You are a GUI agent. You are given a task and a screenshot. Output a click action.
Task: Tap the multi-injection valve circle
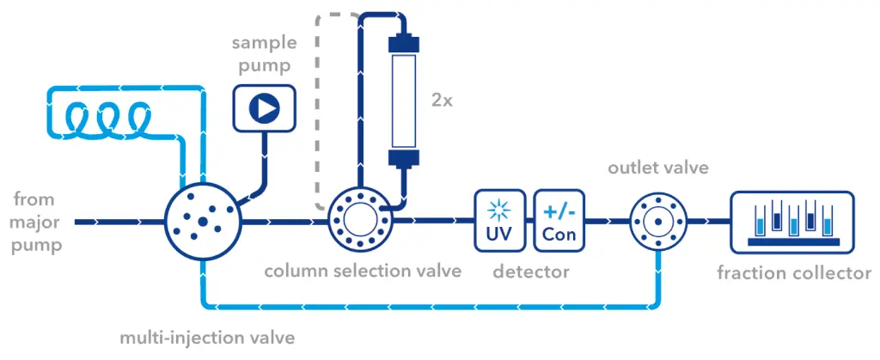202,222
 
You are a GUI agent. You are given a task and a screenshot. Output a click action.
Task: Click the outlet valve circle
657,221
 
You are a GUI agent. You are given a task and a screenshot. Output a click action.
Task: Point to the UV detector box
499,221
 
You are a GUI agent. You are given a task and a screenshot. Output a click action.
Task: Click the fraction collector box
791,221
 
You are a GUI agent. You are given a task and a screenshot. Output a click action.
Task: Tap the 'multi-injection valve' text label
207,338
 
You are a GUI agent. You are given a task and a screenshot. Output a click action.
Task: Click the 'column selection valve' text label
362,272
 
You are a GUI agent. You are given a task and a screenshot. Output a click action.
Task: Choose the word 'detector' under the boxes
530,272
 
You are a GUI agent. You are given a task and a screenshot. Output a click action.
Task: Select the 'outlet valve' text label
658,168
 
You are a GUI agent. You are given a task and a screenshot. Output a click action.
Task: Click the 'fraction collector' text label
794,273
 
